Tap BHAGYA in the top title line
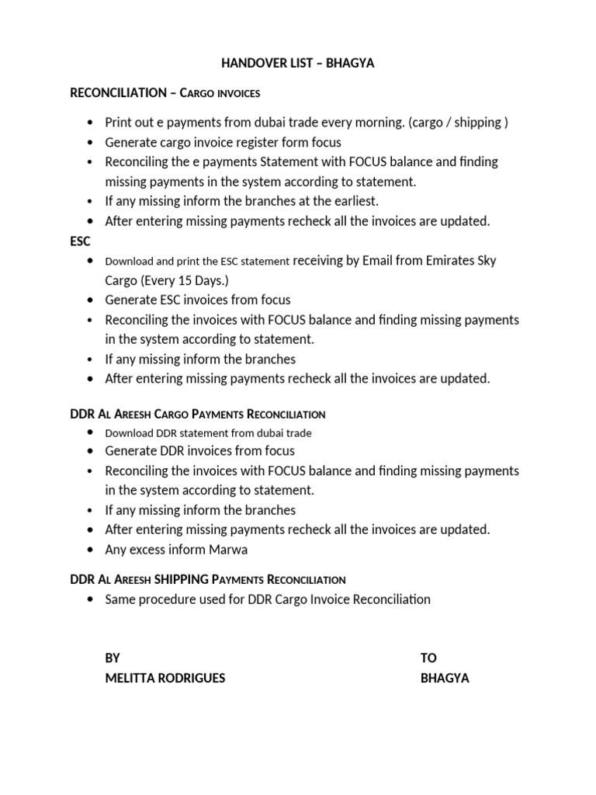click(349, 64)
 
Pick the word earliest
click(353, 201)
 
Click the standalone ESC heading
click(81, 241)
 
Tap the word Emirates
click(451, 260)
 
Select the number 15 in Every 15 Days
click(178, 280)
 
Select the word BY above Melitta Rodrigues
click(113, 658)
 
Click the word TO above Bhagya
click(428, 658)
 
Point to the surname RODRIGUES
click(192, 678)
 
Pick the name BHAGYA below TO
click(445, 678)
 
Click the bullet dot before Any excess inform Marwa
click(92, 550)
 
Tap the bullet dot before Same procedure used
click(92, 599)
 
